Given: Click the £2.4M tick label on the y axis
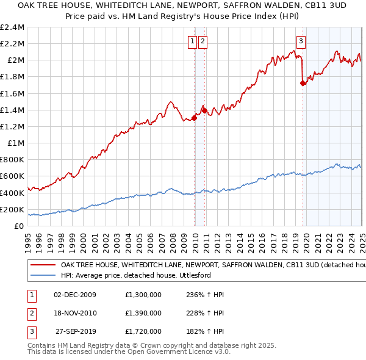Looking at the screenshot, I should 12,27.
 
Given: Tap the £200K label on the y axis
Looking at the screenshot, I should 12,209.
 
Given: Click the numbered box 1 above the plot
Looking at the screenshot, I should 193,41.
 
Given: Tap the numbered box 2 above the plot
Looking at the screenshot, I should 203,41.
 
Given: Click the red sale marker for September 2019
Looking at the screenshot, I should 303,84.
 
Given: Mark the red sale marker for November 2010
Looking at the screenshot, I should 204,111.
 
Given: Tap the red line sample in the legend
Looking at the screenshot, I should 43,265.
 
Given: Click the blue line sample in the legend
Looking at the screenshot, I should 43,276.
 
